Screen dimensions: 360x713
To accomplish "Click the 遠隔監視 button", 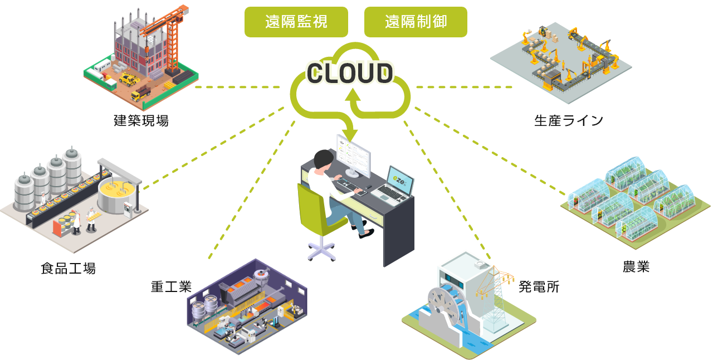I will pos(296,22).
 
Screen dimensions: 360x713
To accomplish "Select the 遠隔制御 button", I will pos(416,22).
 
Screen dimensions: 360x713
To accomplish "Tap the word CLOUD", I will pos(350,72).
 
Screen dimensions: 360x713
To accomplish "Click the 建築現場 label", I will pos(141,120).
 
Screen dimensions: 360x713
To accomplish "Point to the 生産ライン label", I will pos(568,120).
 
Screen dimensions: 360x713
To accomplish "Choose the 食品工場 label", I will pos(68,269).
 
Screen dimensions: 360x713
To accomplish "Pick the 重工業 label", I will pos(171,286).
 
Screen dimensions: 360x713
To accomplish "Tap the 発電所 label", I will pos(539,287).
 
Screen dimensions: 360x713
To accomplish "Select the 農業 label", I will pos(636,266).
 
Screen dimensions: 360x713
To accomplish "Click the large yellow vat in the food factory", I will pos(117,198).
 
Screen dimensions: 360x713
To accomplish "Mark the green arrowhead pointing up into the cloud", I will pos(352,97).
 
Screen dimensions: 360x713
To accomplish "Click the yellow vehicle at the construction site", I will pos(129,80).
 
